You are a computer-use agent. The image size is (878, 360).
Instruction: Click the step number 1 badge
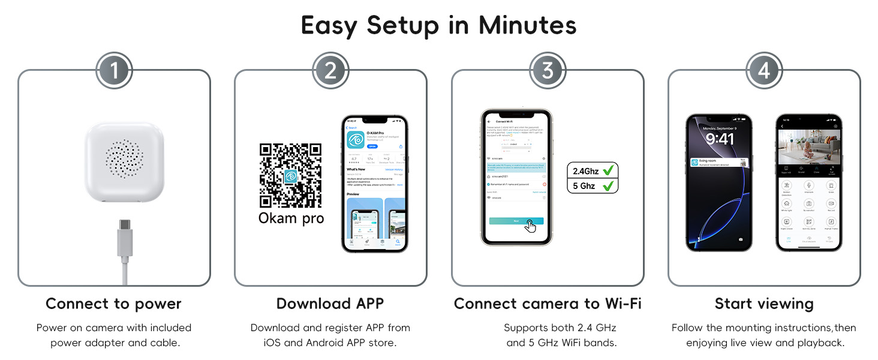coord(113,71)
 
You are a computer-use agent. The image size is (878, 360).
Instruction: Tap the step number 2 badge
coord(330,71)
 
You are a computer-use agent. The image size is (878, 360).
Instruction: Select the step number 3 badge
coord(547,71)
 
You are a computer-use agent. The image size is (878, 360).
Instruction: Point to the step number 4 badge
coord(763,71)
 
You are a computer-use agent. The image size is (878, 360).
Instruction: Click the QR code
coord(291,175)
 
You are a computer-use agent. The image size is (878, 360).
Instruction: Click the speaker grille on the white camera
coord(124,160)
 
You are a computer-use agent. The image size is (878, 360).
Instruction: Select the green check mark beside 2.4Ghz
coord(608,171)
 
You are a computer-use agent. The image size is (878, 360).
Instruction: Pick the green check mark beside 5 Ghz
coord(608,186)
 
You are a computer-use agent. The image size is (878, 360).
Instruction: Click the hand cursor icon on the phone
coord(530,226)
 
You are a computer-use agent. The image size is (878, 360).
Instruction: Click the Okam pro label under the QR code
coord(291,218)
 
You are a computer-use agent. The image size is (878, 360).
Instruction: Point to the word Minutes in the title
coord(527,25)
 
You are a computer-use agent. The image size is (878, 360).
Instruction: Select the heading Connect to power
coord(113,304)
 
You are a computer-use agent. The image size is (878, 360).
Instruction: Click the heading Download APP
coord(330,304)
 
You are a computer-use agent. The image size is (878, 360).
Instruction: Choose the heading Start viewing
coord(764,304)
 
